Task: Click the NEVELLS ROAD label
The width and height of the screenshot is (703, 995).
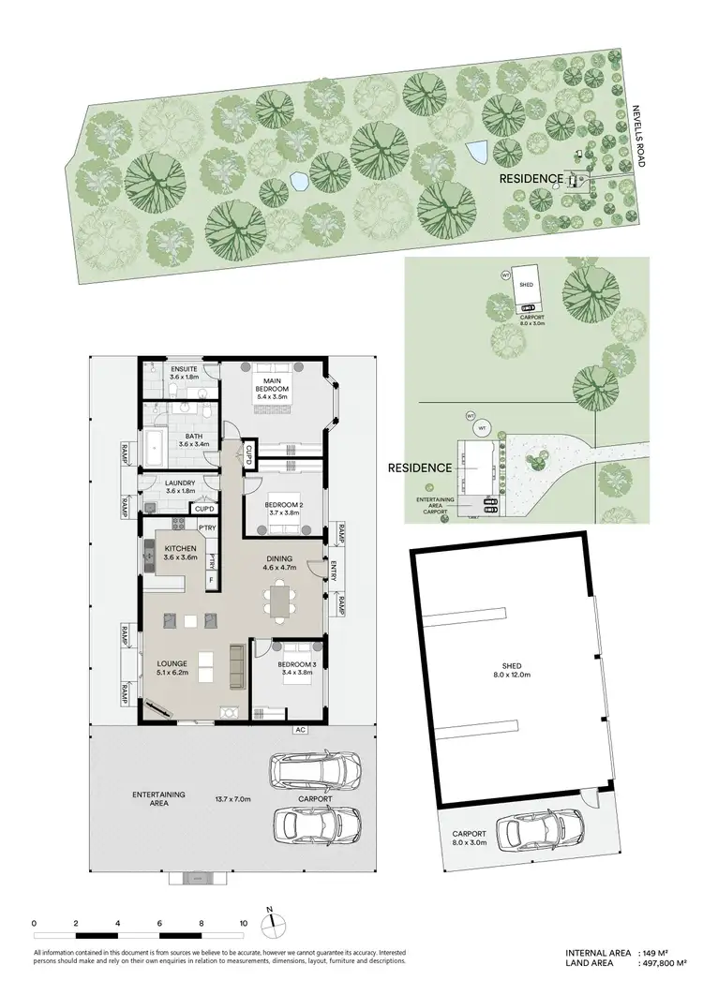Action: tap(639, 137)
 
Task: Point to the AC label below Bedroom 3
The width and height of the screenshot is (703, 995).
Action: tap(301, 730)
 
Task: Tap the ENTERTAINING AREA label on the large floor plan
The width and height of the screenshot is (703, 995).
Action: tap(158, 798)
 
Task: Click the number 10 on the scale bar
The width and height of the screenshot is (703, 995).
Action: tap(244, 923)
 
